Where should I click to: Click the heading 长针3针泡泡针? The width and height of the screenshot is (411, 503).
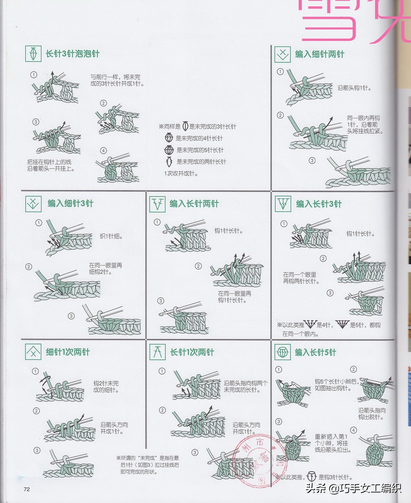pos(72,54)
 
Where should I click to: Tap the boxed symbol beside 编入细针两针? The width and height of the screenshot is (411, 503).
pos(282,54)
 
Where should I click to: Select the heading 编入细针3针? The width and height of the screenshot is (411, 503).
pos(70,203)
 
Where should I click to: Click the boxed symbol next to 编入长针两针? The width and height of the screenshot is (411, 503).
pos(157,204)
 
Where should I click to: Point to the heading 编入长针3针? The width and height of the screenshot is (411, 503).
pos(319,204)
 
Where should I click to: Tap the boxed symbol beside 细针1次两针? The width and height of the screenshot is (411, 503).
pos(33,352)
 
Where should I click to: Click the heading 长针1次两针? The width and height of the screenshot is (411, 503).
pos(192,352)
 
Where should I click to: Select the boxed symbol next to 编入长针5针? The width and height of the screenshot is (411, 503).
pos(282,352)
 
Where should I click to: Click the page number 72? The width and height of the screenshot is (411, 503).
pos(27,489)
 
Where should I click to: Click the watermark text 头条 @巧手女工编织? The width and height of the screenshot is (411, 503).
pos(353,488)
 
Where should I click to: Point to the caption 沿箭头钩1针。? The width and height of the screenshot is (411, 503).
pos(354,88)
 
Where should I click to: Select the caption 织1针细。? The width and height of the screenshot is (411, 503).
pos(111,236)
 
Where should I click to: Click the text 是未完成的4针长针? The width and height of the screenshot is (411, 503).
pos(199,138)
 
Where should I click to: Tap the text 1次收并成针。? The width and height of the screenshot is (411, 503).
pos(181,174)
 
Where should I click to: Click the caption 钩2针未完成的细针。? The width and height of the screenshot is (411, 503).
pos(106,387)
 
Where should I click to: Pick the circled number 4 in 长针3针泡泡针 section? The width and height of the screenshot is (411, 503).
pos(103,151)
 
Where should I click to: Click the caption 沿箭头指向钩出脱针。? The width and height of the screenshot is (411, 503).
pos(372,414)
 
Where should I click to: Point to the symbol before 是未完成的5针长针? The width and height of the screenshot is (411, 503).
pos(169,150)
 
